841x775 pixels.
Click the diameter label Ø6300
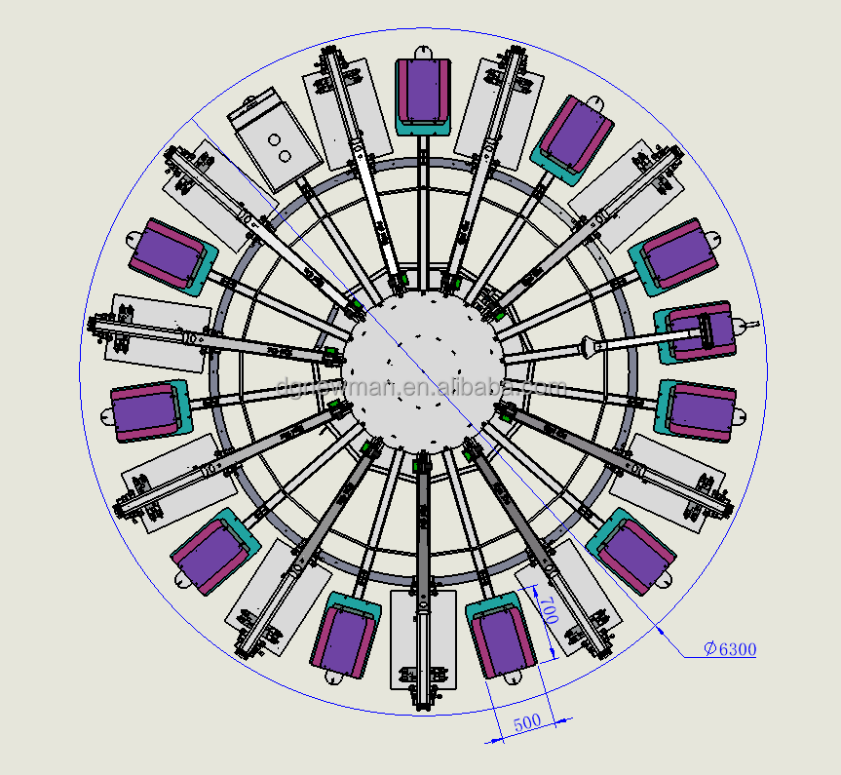(x=731, y=649)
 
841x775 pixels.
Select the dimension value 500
(x=527, y=722)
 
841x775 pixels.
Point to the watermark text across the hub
(x=421, y=387)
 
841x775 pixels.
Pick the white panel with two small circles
(x=275, y=142)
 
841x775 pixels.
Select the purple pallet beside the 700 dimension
(x=501, y=640)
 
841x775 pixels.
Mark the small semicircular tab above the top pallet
(x=423, y=51)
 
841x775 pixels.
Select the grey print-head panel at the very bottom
(x=422, y=639)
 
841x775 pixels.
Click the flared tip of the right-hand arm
(x=591, y=343)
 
